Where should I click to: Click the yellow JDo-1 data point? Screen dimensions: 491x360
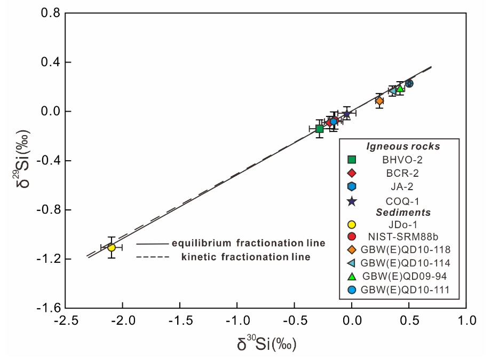click(112, 247)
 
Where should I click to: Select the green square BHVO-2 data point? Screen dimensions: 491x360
click(319, 129)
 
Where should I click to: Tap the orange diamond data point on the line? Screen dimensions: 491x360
click(379, 101)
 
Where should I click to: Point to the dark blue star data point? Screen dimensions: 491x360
click(346, 114)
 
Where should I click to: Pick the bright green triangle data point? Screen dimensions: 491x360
click(400, 88)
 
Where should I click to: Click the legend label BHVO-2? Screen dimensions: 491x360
click(402, 160)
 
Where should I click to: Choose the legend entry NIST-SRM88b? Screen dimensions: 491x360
click(403, 236)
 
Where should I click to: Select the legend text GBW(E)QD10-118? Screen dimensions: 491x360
click(405, 249)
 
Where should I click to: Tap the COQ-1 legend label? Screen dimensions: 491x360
click(402, 201)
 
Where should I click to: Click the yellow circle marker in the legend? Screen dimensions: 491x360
click(352, 224)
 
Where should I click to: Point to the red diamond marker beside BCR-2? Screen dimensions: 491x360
click(352, 173)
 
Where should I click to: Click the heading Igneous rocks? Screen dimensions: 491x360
click(403, 146)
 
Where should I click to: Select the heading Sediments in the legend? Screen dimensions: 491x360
click(403, 213)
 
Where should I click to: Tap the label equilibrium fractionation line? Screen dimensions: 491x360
click(249, 243)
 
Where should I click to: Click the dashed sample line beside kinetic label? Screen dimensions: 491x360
click(153, 257)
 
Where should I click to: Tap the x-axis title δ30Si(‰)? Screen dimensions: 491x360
click(266, 343)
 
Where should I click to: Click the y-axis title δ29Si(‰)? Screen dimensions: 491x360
click(23, 159)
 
